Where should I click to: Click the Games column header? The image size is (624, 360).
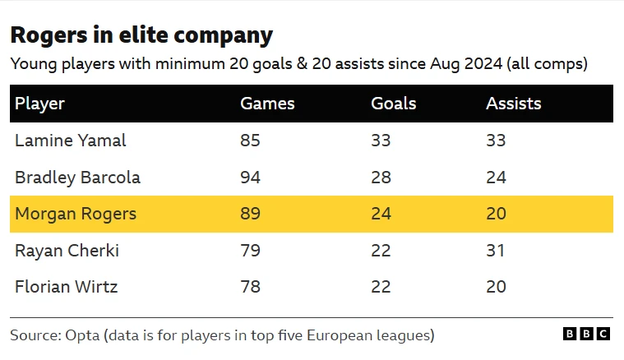267,104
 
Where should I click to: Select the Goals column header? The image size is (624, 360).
394,104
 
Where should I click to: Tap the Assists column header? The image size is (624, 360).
514,104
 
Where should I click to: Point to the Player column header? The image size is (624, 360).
39,104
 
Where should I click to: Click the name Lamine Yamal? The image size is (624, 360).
71,141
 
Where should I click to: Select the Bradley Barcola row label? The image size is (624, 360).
77,178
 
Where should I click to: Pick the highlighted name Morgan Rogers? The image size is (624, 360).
76,215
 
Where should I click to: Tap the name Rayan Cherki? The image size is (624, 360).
67,251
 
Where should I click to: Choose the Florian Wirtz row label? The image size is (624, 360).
66,287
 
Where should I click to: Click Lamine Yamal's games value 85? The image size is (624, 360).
250,141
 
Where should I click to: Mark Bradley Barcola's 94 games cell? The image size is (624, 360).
250,178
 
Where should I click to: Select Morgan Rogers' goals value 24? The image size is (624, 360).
381,215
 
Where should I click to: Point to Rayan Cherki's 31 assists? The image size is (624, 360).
496,251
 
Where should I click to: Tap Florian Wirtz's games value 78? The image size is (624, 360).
250,287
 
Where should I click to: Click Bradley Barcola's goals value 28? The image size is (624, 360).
381,178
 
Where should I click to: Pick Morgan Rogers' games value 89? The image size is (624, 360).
250,215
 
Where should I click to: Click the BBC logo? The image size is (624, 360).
586,334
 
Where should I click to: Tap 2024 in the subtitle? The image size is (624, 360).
452,63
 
